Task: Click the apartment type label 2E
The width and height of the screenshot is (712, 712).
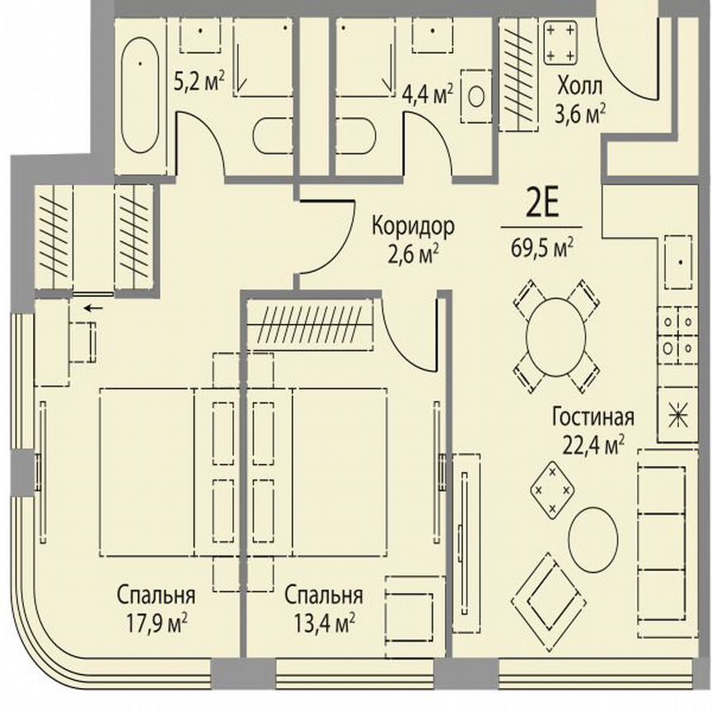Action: [x=541, y=204]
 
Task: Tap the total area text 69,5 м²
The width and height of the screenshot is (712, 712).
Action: [x=541, y=246]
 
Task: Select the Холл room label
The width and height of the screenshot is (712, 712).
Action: [x=579, y=85]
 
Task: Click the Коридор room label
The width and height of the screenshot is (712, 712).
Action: [x=413, y=226]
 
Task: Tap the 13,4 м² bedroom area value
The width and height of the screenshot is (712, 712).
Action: [x=322, y=620]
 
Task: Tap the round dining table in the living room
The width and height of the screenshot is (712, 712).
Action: [x=555, y=336]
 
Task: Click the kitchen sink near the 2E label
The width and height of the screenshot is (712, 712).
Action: [x=681, y=263]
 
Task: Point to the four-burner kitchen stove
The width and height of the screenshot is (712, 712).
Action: [x=676, y=336]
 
